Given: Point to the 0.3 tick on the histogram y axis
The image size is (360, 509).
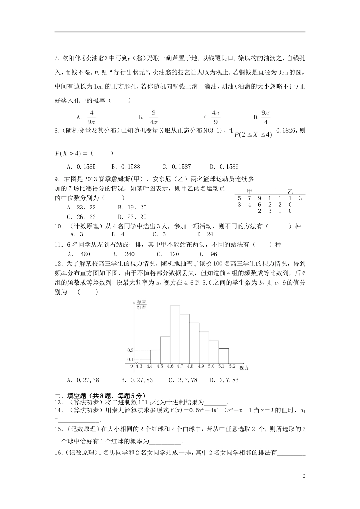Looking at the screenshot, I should click(x=130, y=350).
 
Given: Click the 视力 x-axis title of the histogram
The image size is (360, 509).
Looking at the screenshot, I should click(x=244, y=368).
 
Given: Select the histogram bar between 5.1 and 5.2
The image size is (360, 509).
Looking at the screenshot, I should click(x=223, y=356).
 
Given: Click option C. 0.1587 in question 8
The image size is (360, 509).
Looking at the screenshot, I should click(x=177, y=167).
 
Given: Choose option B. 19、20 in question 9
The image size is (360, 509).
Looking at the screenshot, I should click(x=132, y=208).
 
